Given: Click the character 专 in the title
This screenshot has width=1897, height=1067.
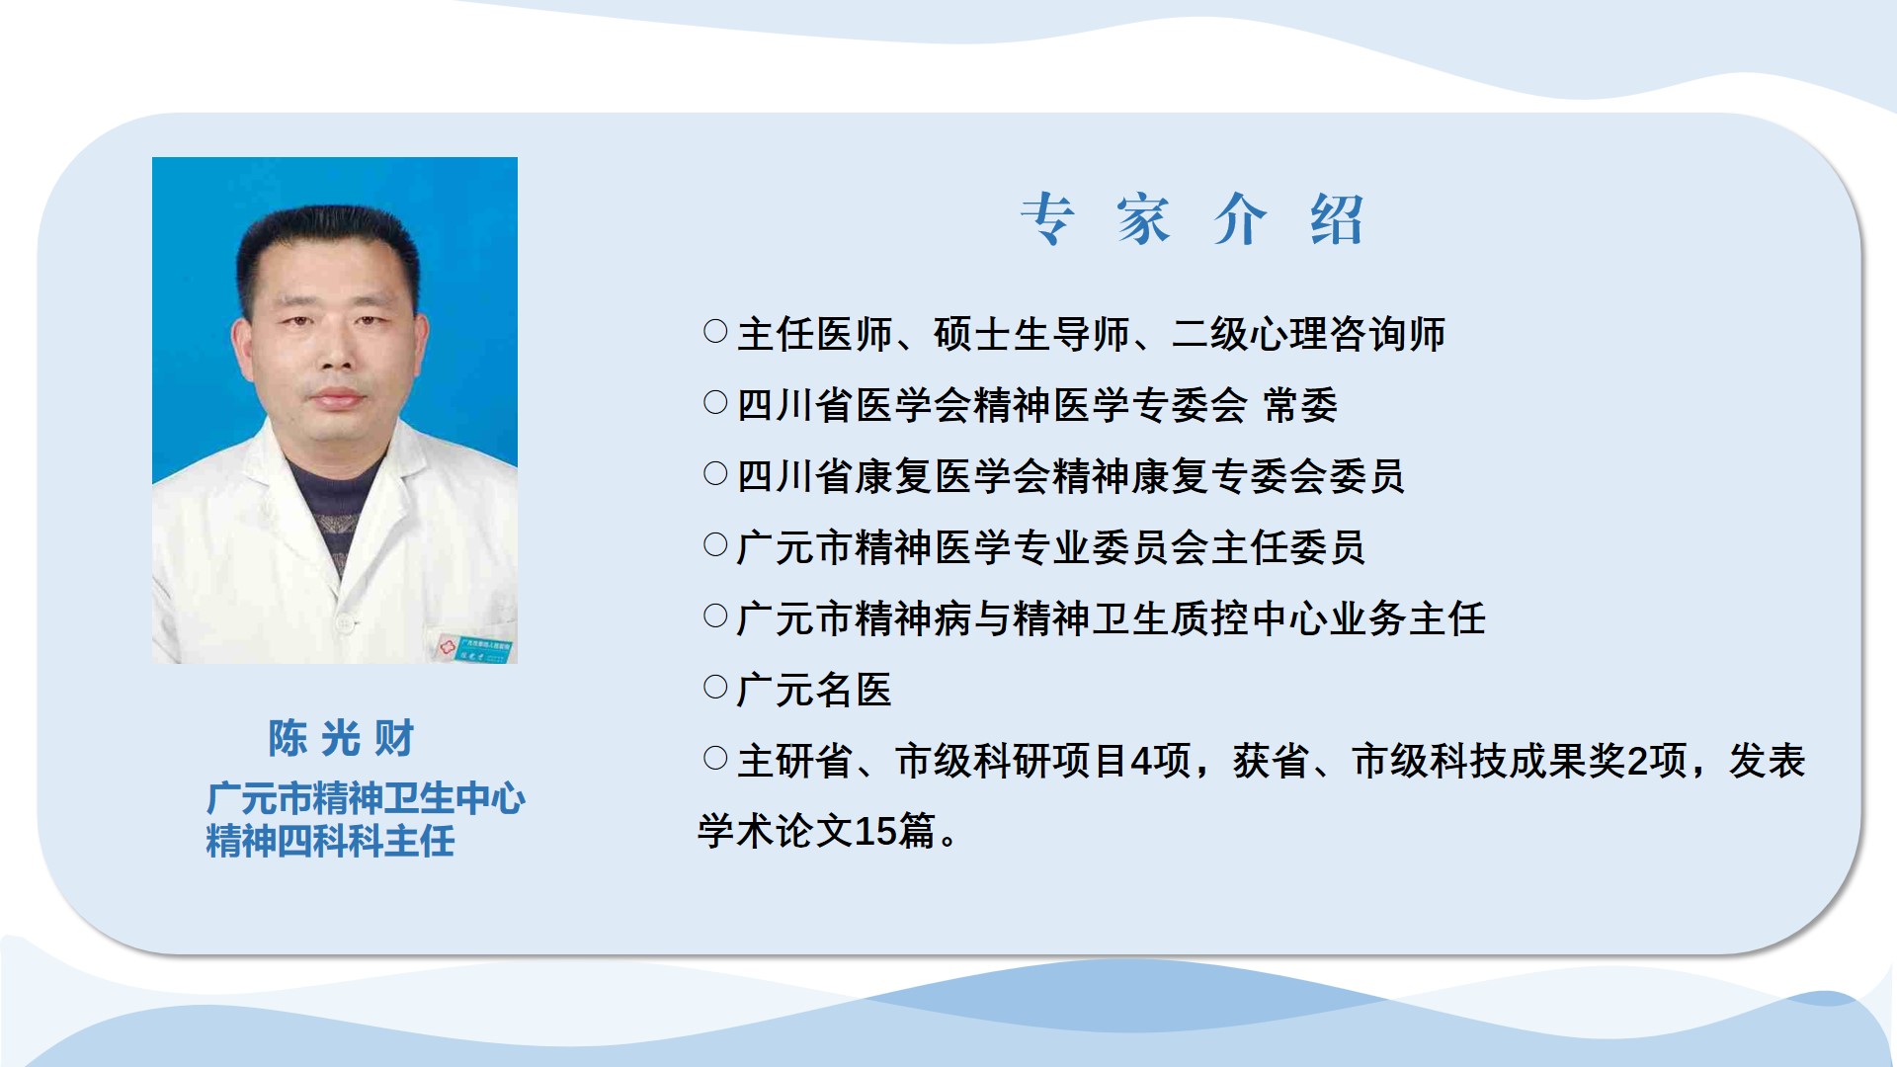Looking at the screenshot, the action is click(1047, 218).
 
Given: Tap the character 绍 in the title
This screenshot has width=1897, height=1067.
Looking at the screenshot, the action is click(1337, 218).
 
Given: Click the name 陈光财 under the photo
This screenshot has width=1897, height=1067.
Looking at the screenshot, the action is click(341, 738).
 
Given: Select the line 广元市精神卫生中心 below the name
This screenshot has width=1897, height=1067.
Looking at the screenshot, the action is click(366, 798).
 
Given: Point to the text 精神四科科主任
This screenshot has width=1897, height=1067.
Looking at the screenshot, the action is click(330, 842).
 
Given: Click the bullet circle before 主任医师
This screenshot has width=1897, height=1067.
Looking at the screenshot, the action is click(715, 331).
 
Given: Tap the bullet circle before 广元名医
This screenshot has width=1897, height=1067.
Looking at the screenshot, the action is click(715, 687).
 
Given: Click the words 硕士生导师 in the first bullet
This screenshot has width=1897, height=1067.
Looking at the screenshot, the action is click(1031, 334).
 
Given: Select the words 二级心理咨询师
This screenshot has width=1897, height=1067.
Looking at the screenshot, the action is click(1308, 334).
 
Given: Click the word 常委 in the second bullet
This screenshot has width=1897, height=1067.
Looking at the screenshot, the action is click(1300, 405).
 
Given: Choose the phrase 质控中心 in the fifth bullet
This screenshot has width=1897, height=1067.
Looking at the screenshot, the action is click(1250, 618).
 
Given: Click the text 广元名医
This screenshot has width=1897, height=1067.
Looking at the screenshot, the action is click(814, 690).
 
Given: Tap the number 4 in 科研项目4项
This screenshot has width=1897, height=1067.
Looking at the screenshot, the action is click(1141, 761).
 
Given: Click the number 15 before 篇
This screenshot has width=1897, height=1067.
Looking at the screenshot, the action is click(875, 832).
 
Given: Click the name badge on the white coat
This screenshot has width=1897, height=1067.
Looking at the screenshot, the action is click(474, 648).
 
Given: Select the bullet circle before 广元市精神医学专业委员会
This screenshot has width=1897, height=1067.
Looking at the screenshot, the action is click(715, 544).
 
